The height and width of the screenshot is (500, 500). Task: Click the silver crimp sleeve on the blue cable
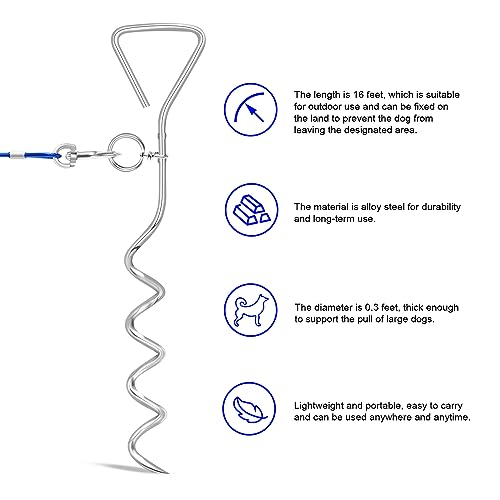pos(16,156)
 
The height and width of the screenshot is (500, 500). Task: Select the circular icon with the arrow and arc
pos(251,110)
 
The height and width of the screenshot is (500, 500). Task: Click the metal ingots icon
pos(251,210)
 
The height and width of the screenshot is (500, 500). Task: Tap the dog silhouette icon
pos(251,310)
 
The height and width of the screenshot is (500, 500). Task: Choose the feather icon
pos(249,409)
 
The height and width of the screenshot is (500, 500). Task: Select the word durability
pos(441,207)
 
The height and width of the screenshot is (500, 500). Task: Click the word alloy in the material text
pos(371,207)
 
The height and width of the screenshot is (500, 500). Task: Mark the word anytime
pos(452,418)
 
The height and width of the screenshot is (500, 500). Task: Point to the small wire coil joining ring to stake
pos(153,155)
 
